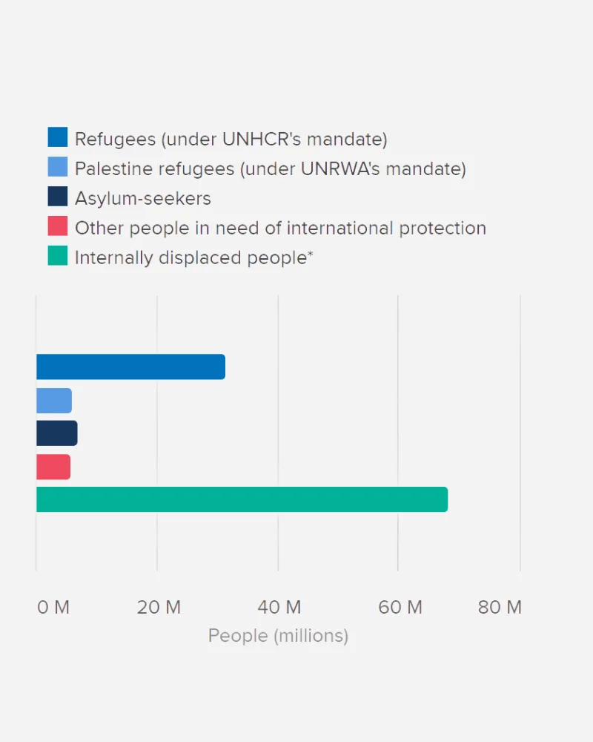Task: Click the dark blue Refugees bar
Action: pyautogui.click(x=130, y=367)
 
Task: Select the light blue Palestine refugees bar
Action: pyautogui.click(x=54, y=401)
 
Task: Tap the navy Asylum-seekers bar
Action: pyautogui.click(x=56, y=433)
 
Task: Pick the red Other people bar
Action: pyautogui.click(x=53, y=467)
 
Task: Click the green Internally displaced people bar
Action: pyautogui.click(x=242, y=499)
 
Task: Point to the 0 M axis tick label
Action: pyautogui.click(x=53, y=608)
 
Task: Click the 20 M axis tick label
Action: pyautogui.click(x=159, y=608)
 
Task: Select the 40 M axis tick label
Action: pyautogui.click(x=279, y=608)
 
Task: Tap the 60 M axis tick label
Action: pyautogui.click(x=400, y=608)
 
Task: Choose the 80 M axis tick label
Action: pyautogui.click(x=500, y=608)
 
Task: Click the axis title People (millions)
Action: pyautogui.click(x=278, y=636)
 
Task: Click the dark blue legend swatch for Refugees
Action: pyautogui.click(x=58, y=137)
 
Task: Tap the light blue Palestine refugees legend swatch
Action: pyautogui.click(x=58, y=167)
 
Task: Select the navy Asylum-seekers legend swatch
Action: pyautogui.click(x=58, y=197)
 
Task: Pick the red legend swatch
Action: pyautogui.click(x=58, y=226)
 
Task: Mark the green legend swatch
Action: pyautogui.click(x=58, y=256)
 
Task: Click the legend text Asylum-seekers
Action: pyautogui.click(x=143, y=199)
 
